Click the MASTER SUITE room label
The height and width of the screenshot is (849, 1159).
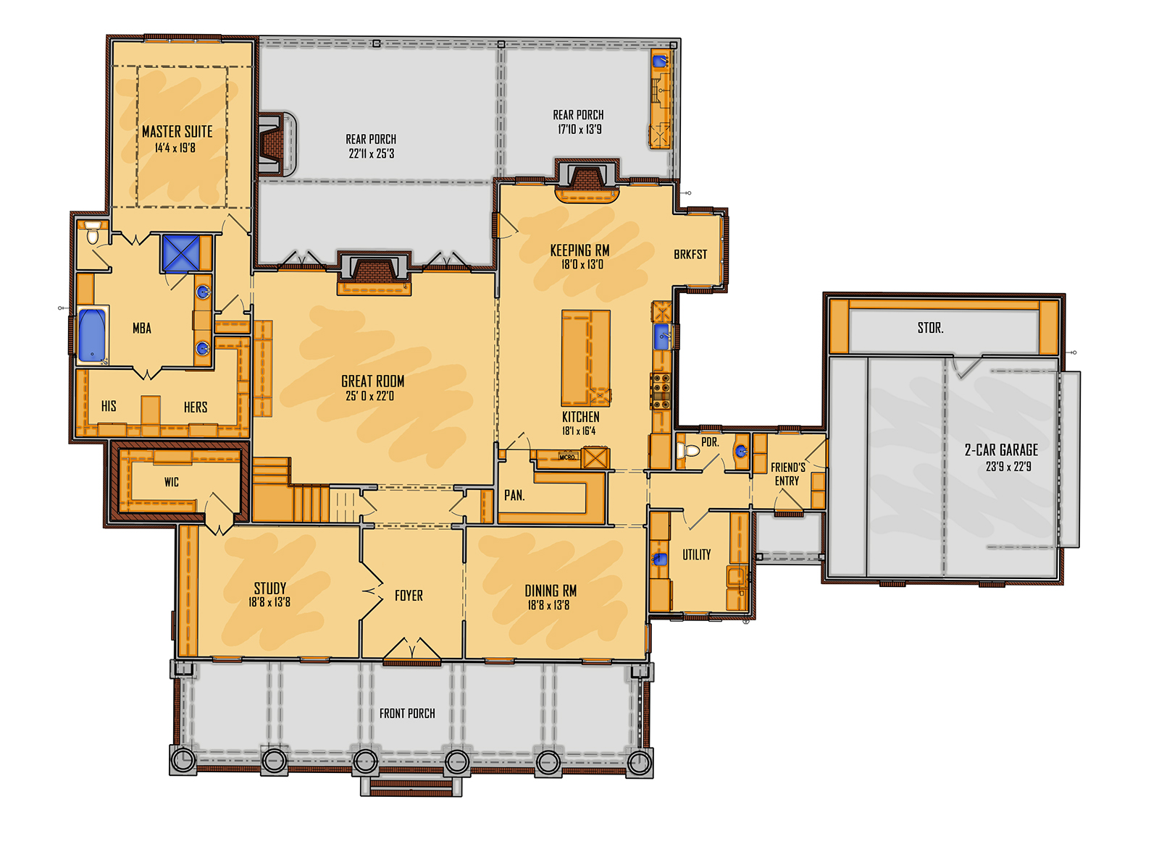point(177,132)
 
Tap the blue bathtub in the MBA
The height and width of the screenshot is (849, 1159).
point(92,335)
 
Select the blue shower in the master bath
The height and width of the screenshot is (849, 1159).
point(180,253)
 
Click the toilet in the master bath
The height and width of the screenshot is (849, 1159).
point(93,235)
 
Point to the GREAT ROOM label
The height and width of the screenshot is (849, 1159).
point(372,381)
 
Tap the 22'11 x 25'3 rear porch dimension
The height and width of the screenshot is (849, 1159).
point(371,153)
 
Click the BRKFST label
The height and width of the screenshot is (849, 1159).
point(690,255)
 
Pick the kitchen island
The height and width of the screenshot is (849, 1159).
point(585,358)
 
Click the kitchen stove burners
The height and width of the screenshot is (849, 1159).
point(661,391)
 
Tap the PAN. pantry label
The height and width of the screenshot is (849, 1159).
point(514,496)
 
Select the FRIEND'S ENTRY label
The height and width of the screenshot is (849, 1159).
point(787,474)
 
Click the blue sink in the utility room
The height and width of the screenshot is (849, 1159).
point(660,559)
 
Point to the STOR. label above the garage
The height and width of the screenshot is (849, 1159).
point(930,329)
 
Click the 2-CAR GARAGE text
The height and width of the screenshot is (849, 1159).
point(1001,450)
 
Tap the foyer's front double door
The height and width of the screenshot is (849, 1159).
point(411,651)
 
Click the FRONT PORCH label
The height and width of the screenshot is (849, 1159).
point(407,714)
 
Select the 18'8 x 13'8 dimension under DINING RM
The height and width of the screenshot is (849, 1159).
point(548,606)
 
